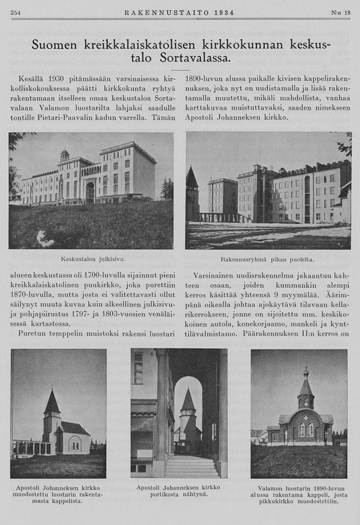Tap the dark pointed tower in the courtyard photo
coord(192,178)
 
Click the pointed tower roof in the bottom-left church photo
coord(52,402)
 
